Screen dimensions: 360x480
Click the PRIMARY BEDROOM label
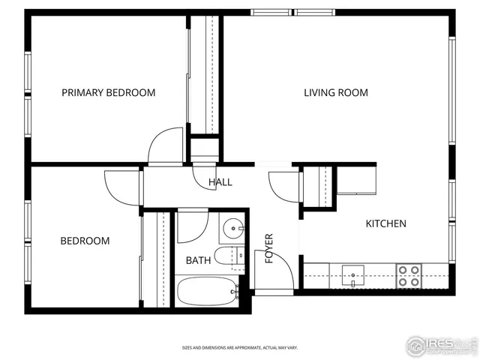(109, 93)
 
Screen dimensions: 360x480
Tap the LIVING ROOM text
(335, 93)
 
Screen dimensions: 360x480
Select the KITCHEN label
(385, 223)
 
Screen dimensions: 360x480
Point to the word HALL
(220, 182)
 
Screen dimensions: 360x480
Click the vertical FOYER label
(268, 247)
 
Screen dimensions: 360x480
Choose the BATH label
(199, 261)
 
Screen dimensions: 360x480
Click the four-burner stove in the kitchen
(409, 276)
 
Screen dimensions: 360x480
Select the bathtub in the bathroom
(207, 291)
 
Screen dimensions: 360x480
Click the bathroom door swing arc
(192, 226)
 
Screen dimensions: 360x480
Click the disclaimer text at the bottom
(240, 348)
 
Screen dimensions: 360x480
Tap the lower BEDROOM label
(85, 241)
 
